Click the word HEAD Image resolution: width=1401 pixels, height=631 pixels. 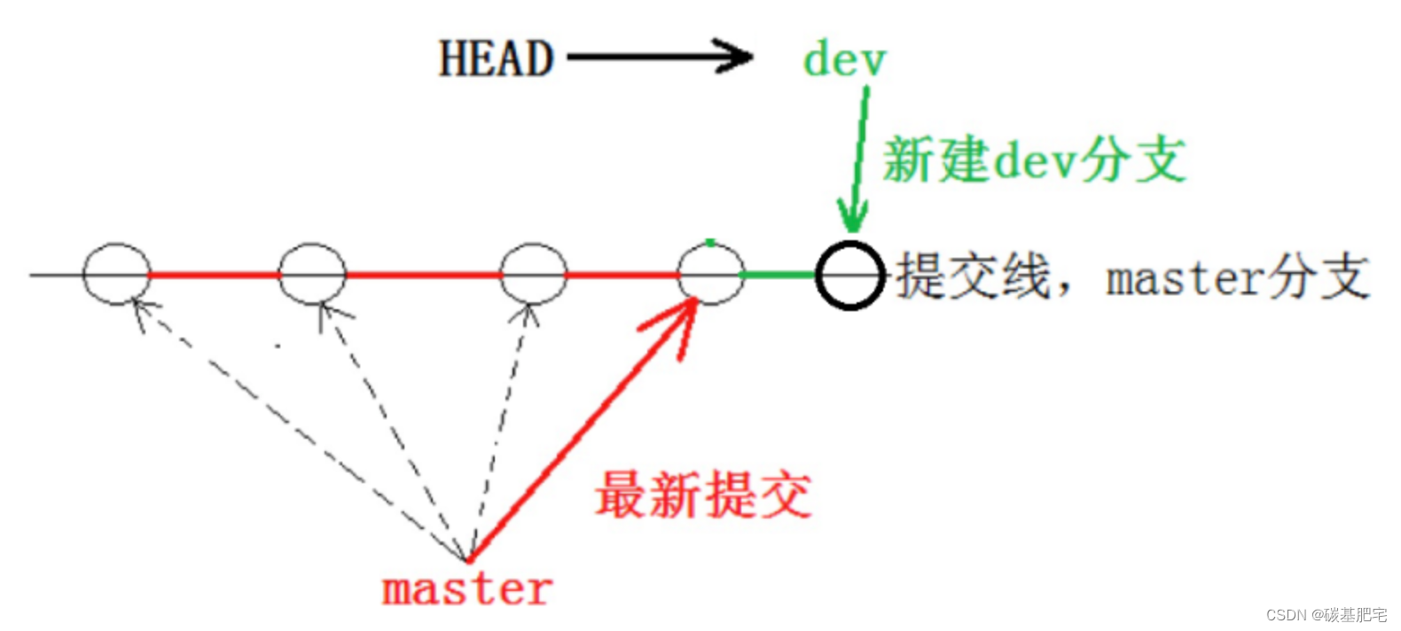point(496,59)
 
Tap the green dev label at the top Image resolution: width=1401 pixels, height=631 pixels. point(844,60)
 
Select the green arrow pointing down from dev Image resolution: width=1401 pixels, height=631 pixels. point(858,160)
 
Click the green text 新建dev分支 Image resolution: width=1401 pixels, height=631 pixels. point(1034,160)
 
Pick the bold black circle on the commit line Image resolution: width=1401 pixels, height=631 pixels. point(849,275)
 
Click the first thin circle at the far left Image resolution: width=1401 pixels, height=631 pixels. point(116,274)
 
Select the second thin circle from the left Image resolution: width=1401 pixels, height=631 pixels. point(312,274)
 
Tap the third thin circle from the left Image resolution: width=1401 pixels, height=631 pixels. point(533,274)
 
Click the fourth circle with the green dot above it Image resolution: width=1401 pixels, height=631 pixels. point(710,275)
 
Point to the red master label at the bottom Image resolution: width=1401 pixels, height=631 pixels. point(466,589)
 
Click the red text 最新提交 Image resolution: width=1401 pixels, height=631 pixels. point(703,495)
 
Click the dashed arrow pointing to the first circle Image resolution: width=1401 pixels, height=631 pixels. point(293,425)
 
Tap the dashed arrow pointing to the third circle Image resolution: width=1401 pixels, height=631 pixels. point(501,425)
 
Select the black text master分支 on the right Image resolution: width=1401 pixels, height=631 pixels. point(1238,278)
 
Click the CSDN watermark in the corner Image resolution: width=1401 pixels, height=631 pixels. point(1326,615)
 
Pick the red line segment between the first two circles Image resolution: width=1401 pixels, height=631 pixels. point(215,275)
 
